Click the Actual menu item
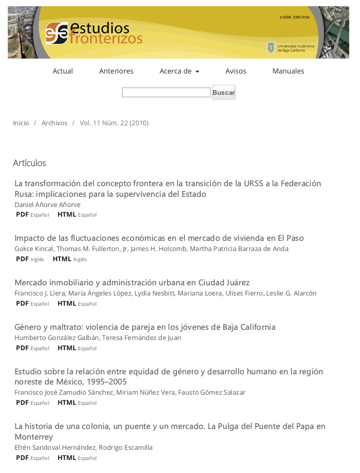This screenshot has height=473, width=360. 62,71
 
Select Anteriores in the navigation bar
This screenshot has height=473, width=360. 116,71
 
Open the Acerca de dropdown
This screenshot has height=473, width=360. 179,71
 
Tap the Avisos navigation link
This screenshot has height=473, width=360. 236,71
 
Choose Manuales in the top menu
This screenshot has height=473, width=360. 288,71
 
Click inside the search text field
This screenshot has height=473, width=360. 165,92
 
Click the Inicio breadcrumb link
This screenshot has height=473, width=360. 21,123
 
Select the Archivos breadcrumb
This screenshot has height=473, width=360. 54,123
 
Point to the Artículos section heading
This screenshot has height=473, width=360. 29,163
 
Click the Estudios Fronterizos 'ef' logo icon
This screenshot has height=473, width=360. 57,33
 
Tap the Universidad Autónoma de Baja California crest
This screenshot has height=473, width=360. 271,47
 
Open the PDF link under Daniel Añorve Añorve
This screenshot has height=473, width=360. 22,214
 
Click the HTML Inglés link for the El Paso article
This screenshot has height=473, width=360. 62,259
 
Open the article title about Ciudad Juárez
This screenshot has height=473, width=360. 132,282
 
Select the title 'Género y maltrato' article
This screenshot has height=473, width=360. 145,327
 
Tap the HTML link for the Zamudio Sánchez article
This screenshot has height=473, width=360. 67,402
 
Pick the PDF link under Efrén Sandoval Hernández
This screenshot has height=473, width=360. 22,458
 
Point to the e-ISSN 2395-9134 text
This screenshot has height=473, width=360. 294,17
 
